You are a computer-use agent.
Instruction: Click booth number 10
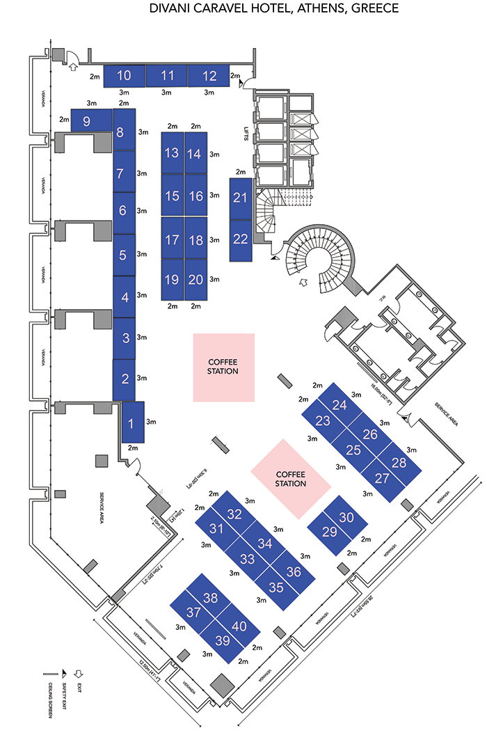[125, 76]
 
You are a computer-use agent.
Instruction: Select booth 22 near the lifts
[241, 239]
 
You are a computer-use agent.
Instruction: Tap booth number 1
[132, 422]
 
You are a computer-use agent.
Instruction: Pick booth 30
[346, 518]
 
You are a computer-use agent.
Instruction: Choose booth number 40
[239, 626]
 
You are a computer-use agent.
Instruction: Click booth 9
[87, 121]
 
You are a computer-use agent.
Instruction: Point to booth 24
[339, 405]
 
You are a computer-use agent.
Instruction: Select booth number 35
[276, 587]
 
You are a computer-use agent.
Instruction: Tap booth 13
[172, 153]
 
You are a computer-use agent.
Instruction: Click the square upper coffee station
[223, 367]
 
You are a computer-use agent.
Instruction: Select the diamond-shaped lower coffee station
[291, 479]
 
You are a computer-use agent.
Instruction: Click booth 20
[195, 280]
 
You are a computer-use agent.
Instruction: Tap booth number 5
[123, 255]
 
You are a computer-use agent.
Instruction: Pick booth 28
[399, 463]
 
